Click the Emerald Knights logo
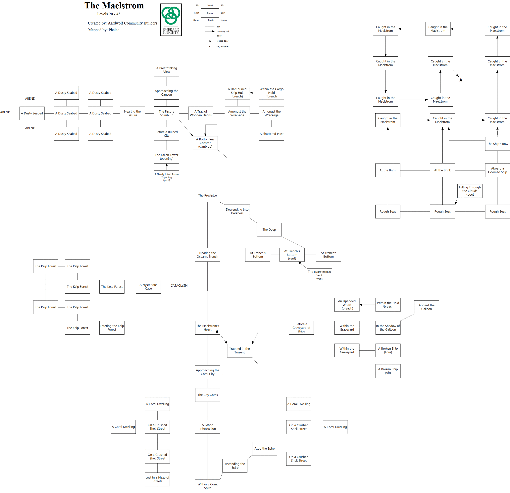tap(171, 20)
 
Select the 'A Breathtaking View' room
tap(167, 70)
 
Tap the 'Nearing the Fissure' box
tap(132, 113)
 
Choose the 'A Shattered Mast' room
tap(271, 134)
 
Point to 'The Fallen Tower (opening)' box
tap(167, 157)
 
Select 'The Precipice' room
tap(207, 195)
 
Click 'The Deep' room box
tap(269, 229)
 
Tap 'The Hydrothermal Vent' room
tap(319, 275)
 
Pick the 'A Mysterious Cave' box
tap(148, 287)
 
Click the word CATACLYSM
tap(179, 286)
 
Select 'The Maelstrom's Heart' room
tap(207, 327)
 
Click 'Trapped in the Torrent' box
tap(239, 350)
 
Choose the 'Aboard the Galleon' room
tap(427, 307)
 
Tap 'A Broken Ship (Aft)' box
tap(388, 371)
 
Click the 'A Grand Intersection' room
tap(207, 427)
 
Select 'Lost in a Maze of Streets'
tap(157, 479)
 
